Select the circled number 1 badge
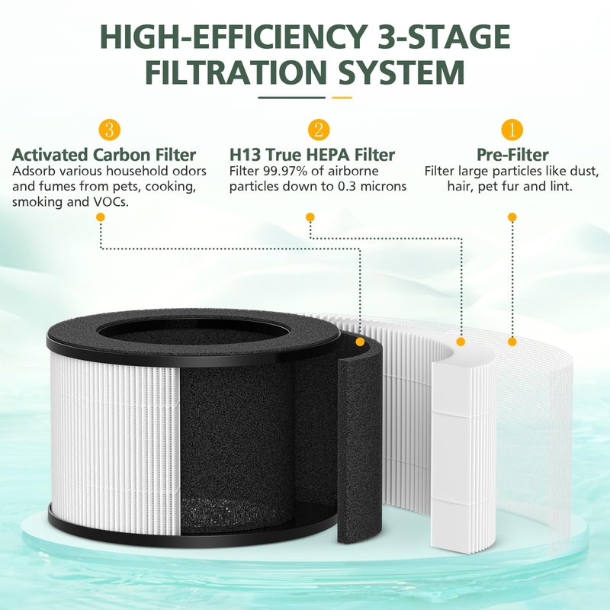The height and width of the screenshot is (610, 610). (512, 128)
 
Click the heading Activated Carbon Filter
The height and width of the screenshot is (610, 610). (104, 155)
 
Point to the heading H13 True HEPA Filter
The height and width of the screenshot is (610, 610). (313, 155)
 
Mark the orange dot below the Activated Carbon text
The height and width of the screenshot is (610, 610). (101, 217)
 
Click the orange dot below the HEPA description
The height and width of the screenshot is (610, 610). (310, 217)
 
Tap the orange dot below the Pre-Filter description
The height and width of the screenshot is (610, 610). (512, 217)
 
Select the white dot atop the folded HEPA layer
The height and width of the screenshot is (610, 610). (461, 341)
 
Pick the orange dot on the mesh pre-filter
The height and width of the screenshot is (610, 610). (512, 341)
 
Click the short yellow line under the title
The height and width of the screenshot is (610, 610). (342, 98)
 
